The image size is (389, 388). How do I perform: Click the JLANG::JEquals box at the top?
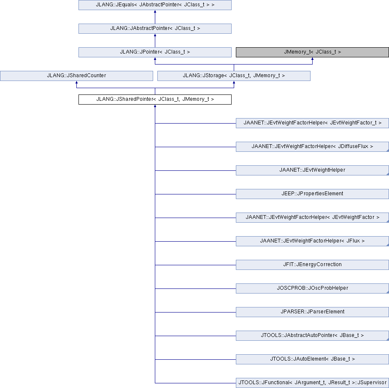pyautogui.click(x=155, y=5)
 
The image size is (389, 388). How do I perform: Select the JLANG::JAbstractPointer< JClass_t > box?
pyautogui.click(x=155, y=29)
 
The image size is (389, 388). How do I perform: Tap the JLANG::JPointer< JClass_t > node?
pyautogui.click(x=155, y=52)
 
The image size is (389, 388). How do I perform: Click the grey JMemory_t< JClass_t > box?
pyautogui.click(x=312, y=52)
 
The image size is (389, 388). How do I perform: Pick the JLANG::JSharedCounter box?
pyautogui.click(x=76, y=75)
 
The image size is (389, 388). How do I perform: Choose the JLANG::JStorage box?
pyautogui.click(x=234, y=75)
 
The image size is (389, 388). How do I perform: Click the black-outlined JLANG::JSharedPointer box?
pyautogui.click(x=155, y=100)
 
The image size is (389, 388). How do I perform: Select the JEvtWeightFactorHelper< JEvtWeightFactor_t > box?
pyautogui.click(x=312, y=123)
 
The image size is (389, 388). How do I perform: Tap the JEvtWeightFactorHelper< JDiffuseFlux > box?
pyautogui.click(x=312, y=146)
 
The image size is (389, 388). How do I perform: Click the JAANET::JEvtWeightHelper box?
pyautogui.click(x=312, y=170)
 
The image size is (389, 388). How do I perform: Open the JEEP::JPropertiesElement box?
pyautogui.click(x=312, y=194)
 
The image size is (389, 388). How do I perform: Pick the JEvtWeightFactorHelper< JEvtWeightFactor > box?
pyautogui.click(x=312, y=218)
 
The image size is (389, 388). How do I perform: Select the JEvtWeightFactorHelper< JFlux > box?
pyautogui.click(x=312, y=241)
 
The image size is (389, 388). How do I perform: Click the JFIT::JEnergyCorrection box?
pyautogui.click(x=312, y=264)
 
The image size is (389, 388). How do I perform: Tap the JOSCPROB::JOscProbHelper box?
pyautogui.click(x=312, y=288)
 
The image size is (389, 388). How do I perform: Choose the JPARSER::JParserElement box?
pyautogui.click(x=312, y=312)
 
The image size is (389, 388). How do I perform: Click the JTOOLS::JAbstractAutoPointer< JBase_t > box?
pyautogui.click(x=312, y=335)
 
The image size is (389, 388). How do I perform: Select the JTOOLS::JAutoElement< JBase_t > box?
pyautogui.click(x=312, y=359)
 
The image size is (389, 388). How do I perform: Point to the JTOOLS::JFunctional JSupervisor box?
pyautogui.click(x=312, y=383)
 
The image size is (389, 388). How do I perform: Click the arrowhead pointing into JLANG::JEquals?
pyautogui.click(x=155, y=12)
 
